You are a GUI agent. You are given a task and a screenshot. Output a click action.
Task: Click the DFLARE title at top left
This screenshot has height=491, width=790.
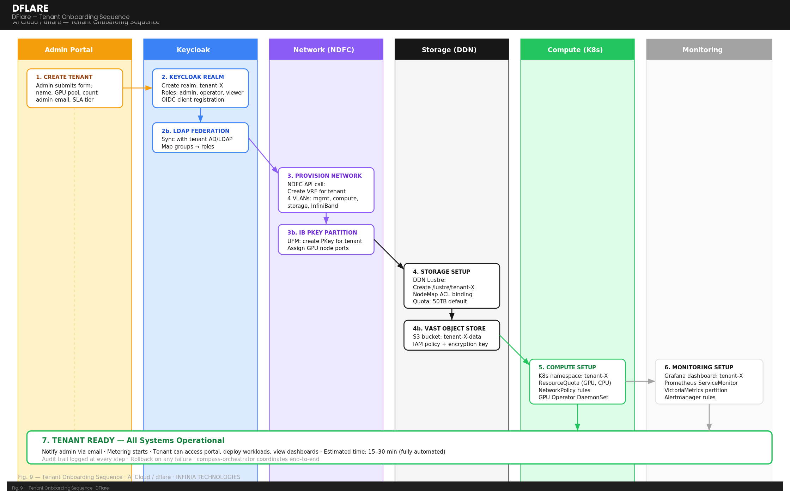click(x=30, y=8)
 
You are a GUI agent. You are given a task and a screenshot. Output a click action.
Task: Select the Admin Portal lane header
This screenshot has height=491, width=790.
click(x=69, y=50)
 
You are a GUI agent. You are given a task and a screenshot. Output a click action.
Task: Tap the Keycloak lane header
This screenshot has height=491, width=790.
click(x=193, y=50)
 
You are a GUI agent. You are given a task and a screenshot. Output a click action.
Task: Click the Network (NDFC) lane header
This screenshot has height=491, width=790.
click(x=324, y=50)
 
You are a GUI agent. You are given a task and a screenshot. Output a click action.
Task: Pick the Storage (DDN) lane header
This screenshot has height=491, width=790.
click(x=449, y=50)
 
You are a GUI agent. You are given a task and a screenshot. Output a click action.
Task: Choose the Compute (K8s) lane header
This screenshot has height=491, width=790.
click(x=575, y=50)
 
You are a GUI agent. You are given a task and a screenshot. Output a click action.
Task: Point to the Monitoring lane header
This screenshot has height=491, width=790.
click(x=702, y=50)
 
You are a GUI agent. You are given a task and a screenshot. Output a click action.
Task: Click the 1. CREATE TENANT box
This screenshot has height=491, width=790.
click(x=75, y=88)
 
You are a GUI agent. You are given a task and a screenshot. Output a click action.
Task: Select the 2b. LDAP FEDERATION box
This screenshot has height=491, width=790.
click(x=200, y=138)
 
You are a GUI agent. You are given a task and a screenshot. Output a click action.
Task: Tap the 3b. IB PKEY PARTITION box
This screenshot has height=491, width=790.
click(x=326, y=240)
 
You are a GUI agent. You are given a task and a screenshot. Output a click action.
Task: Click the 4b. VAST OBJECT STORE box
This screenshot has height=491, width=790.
click(x=451, y=335)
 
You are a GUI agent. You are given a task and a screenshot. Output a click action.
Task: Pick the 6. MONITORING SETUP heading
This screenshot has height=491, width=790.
click(x=698, y=367)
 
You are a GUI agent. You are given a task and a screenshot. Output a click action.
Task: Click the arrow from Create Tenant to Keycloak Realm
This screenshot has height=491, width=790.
click(x=138, y=88)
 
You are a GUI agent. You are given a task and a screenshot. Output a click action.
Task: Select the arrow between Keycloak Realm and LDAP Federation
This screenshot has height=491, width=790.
click(x=200, y=115)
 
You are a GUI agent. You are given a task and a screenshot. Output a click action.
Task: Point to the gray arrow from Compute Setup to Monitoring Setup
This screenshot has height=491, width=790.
click(x=640, y=381)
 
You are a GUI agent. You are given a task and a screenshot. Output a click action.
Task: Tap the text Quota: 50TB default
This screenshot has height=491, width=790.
click(x=439, y=302)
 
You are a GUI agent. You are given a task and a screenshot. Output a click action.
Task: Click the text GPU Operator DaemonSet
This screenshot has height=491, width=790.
click(x=573, y=398)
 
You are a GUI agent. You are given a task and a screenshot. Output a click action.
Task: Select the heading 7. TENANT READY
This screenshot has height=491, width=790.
click(x=133, y=441)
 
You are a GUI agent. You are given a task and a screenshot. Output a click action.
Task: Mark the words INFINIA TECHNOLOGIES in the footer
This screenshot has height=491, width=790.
click(x=208, y=477)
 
